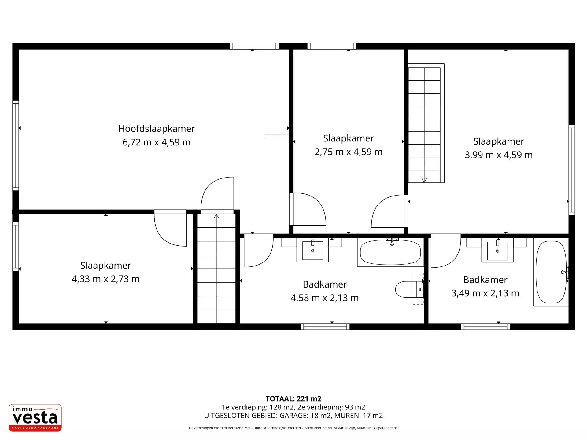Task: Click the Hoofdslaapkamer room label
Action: tap(157, 129)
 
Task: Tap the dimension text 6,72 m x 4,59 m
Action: tap(157, 142)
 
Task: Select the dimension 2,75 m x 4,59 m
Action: tap(349, 152)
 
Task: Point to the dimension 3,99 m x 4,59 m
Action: tap(499, 155)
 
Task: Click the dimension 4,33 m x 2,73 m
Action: tap(106, 279)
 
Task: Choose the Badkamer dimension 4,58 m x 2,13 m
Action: tap(325, 298)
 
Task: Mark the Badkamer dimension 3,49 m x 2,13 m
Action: tap(485, 293)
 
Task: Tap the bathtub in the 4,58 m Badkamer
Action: tap(390, 252)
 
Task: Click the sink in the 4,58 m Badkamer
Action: tap(312, 250)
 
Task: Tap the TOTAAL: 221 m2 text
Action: tap(293, 399)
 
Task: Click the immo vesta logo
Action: tap(35, 418)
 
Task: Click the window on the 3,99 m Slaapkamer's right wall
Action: tap(572, 170)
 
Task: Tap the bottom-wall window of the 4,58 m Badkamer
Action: tap(325, 327)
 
